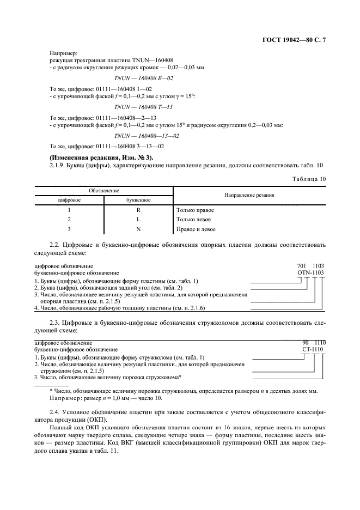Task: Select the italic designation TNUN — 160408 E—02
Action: coord(143,78)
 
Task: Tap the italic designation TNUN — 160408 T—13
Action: coord(143,107)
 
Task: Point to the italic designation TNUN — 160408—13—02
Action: coord(147,135)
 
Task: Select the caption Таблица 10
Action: coord(309,178)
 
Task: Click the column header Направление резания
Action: coord(249,195)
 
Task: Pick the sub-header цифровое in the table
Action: coord(69,200)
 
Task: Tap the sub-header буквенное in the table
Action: coord(138,200)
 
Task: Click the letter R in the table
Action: coord(138,210)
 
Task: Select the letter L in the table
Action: coord(138,220)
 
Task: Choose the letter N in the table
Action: coord(138,229)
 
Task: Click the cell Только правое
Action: coord(194,210)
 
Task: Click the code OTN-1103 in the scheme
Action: coord(310,272)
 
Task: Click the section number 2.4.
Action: coord(54,409)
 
